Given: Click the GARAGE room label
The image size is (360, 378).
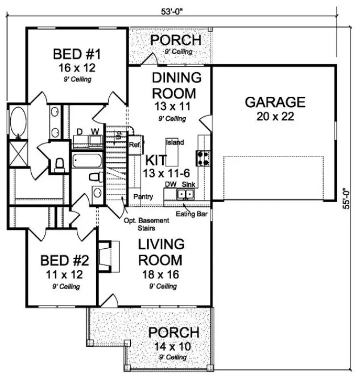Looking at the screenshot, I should coord(275,102).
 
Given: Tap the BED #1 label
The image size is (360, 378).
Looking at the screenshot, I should coord(77,55).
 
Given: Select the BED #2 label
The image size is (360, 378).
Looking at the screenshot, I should coord(65,262).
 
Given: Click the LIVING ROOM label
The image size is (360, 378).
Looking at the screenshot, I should coord(162,252).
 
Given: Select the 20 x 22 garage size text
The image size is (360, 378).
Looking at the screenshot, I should coord(275,118).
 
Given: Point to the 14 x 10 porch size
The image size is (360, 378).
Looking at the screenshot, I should coord(173,346).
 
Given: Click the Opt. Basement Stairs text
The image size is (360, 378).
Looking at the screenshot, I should coord(147,223).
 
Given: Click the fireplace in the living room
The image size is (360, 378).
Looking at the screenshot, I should coord(107,253).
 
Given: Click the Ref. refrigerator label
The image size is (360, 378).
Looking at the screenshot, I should coord(135,145).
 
